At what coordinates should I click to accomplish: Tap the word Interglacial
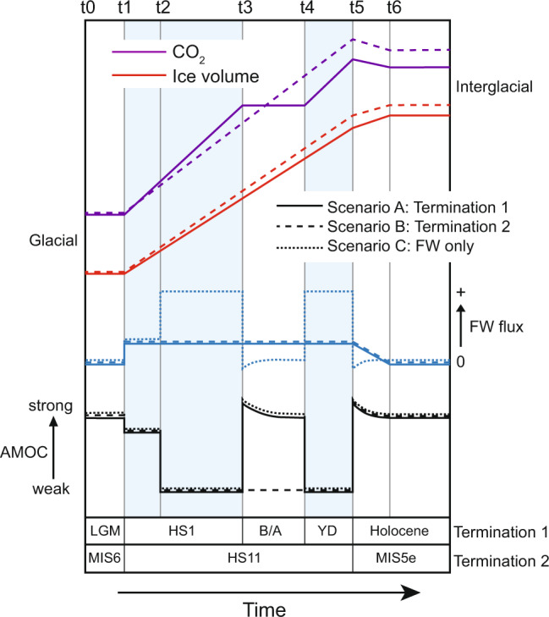click(491, 86)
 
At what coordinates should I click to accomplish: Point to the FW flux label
click(495, 327)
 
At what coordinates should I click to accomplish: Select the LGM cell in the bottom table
click(106, 532)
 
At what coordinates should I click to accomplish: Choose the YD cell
click(328, 532)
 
